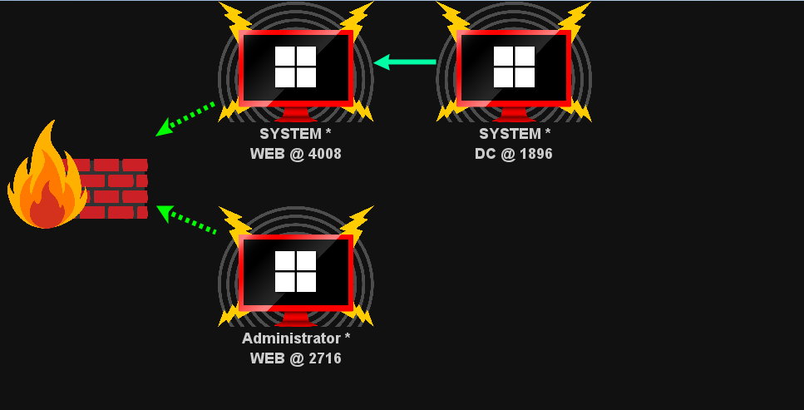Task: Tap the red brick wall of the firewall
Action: pos(116,189)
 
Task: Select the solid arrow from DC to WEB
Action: pos(405,62)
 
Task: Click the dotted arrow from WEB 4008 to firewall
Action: pos(186,119)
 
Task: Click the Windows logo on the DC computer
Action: pos(514,67)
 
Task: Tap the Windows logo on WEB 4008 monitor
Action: pos(295,67)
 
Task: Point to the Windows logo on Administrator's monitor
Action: pos(295,271)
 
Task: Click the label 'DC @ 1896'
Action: pos(514,154)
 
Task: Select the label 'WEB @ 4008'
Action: pos(295,154)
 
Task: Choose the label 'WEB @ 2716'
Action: pos(295,358)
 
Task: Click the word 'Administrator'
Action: pos(290,338)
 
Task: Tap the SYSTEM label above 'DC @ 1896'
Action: pos(509,134)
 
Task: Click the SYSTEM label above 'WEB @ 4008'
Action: pos(289,134)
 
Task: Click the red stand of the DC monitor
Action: pos(514,115)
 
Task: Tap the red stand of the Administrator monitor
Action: pos(295,319)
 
